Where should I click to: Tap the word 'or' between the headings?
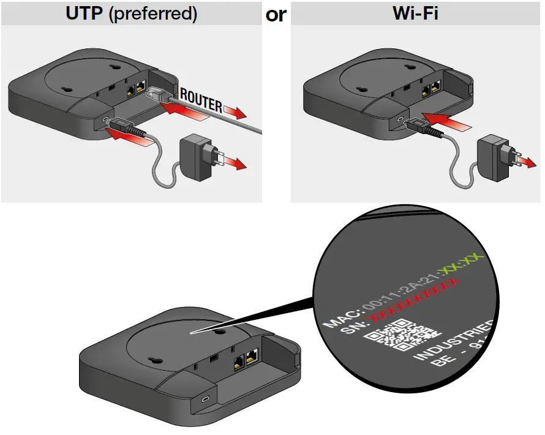pos(276,15)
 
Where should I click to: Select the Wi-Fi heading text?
pos(416,13)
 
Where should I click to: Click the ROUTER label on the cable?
pos(200,102)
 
